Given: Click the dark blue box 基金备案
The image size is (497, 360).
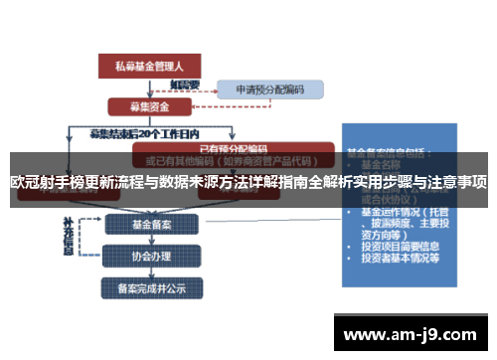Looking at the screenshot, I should [x=149, y=224].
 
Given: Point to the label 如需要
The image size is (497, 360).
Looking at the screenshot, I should [x=184, y=85].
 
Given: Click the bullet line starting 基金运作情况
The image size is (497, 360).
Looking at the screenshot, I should [x=408, y=212].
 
